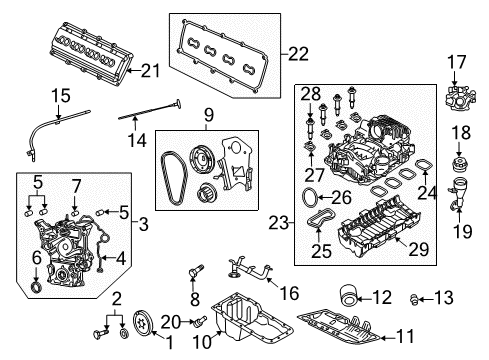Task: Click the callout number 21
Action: click(150, 70)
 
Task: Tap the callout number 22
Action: click(298, 54)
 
